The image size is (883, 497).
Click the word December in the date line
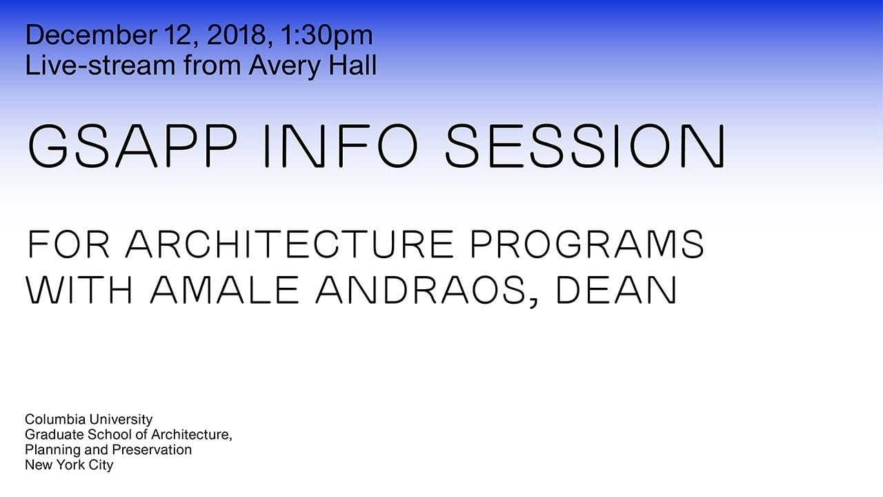(91, 35)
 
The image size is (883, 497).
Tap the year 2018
(236, 35)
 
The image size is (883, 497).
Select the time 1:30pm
(327, 37)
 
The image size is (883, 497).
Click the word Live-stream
(100, 65)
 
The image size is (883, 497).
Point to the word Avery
(284, 66)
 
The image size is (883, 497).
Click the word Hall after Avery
(353, 65)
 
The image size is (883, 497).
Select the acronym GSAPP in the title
(132, 146)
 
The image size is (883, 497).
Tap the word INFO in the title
(340, 146)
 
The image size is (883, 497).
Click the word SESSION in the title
(585, 146)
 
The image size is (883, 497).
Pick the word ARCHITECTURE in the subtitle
(290, 244)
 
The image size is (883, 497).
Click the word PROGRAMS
(587, 244)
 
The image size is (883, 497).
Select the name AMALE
(225, 290)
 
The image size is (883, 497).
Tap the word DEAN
(617, 290)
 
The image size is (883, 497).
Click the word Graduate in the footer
(54, 434)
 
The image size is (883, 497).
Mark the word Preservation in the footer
(152, 449)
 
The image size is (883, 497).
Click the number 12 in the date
(181, 35)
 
